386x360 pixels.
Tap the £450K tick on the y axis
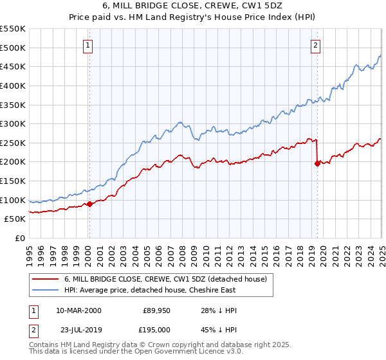(13, 66)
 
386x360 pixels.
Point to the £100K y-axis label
(13, 200)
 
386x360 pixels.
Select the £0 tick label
(19, 239)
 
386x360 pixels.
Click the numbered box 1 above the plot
(87, 45)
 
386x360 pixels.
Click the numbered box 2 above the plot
(315, 45)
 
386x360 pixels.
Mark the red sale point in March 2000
(90, 204)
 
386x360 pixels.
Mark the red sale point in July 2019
(317, 163)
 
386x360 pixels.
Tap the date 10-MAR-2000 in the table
(78, 311)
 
